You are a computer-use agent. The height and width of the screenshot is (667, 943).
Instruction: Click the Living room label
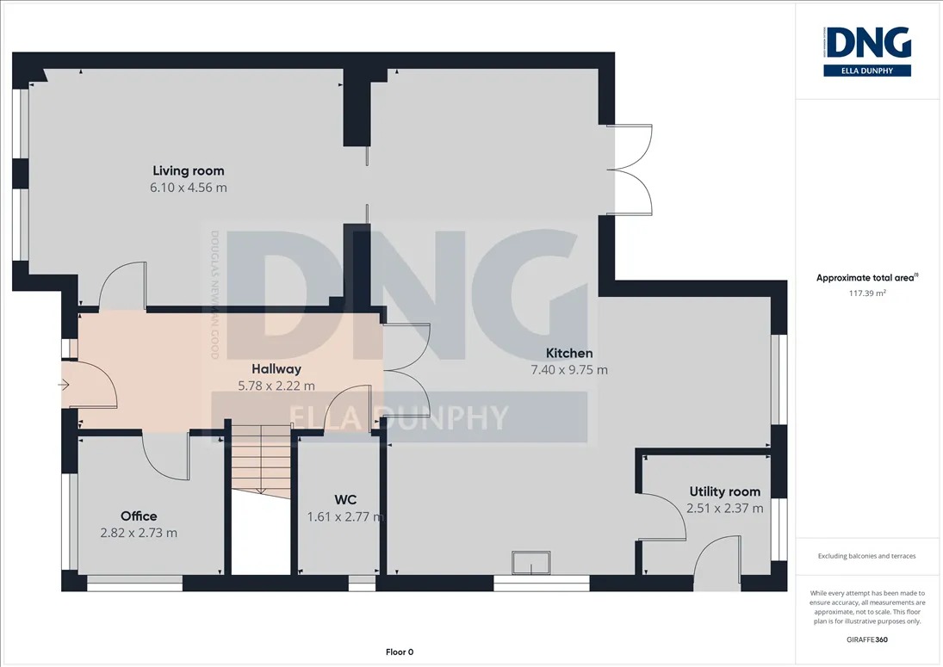tap(189, 171)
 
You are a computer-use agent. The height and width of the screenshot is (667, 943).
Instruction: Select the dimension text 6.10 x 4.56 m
tap(189, 188)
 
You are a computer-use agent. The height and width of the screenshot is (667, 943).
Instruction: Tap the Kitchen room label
tap(569, 354)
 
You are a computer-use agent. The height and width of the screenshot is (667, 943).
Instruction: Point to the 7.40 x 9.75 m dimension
tap(569, 369)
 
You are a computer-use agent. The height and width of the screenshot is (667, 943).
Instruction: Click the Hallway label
tap(276, 369)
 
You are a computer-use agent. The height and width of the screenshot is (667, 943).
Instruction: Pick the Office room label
tap(139, 516)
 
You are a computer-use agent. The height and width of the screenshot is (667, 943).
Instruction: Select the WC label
tap(345, 500)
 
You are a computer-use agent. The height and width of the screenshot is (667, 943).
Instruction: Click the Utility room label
tap(725, 491)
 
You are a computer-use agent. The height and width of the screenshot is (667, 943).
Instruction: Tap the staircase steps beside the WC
tap(261, 461)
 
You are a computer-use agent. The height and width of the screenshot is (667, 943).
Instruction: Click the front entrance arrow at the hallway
tap(63, 385)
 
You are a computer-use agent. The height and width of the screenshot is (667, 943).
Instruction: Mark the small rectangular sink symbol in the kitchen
tap(530, 563)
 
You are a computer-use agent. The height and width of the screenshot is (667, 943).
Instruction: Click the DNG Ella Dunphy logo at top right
tap(867, 51)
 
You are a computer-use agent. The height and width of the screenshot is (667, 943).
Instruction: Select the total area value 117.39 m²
tap(866, 293)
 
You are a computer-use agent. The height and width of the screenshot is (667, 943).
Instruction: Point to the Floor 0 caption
tap(400, 652)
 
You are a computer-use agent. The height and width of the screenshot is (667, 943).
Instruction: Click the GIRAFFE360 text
tap(866, 639)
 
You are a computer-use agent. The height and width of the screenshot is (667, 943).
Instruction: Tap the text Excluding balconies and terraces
tap(866, 556)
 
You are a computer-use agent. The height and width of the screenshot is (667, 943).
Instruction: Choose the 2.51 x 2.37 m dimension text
tap(725, 509)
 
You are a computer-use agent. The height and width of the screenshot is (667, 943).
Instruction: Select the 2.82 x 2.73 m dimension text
tap(139, 533)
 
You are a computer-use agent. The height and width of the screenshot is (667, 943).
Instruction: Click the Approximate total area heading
tap(866, 278)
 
